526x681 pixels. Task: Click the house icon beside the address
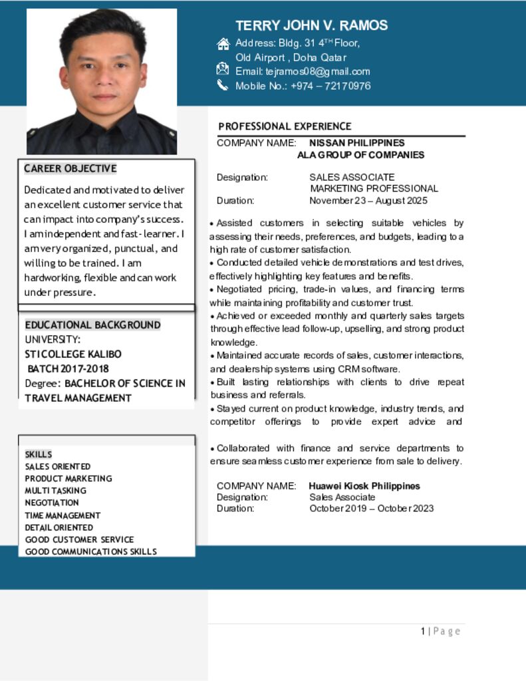tap(223, 44)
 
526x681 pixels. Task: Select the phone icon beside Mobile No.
tap(222, 85)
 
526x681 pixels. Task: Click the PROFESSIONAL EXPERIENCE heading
tap(285, 126)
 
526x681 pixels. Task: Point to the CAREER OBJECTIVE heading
tap(70, 168)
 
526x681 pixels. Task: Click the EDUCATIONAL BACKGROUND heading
tap(92, 325)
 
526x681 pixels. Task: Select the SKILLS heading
tap(38, 454)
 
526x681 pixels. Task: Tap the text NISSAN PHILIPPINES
tap(356, 143)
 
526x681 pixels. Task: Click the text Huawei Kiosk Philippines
tap(364, 486)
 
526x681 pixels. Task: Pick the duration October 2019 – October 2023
tap(371, 509)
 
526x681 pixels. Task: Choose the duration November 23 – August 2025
tap(368, 200)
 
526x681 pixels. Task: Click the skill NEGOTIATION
tap(52, 503)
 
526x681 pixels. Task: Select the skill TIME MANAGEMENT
tap(63, 515)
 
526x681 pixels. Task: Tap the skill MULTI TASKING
tap(55, 491)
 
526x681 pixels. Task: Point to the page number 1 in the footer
tap(422, 631)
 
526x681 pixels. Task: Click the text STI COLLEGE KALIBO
tap(73, 354)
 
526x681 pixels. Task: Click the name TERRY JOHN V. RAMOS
tap(311, 26)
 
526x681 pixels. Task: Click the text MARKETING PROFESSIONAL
tap(374, 189)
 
